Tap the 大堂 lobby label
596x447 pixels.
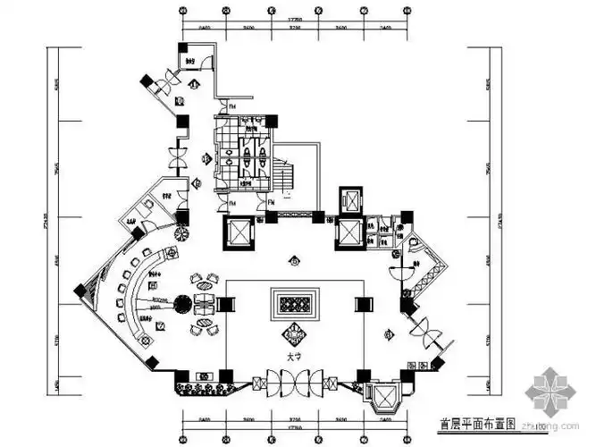coord(293,357)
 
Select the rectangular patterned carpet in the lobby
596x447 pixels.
coord(294,303)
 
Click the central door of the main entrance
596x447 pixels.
coord(293,382)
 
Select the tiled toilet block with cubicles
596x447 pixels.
coord(242,152)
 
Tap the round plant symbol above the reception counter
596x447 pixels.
coord(182,234)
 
